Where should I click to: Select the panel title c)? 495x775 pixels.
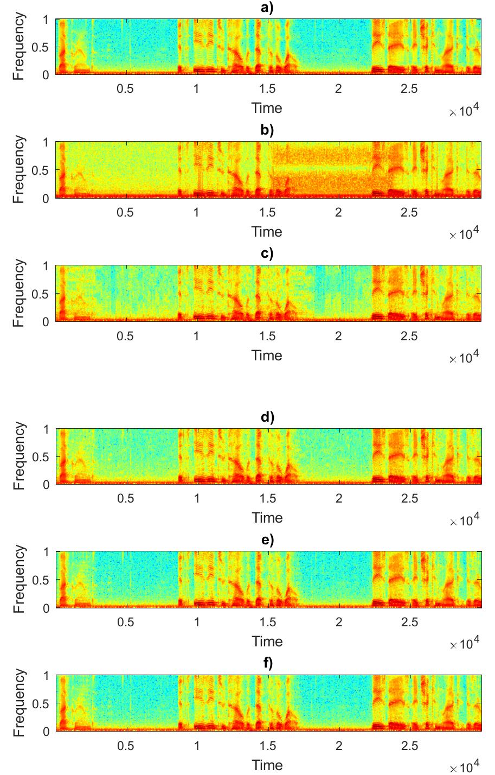coord(267,254)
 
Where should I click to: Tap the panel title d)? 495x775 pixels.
coord(267,417)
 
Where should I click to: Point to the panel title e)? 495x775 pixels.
coord(267,540)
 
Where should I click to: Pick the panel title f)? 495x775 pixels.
coord(267,664)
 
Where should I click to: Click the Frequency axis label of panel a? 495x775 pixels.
coord(19,47)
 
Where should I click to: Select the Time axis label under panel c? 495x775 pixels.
coord(267,355)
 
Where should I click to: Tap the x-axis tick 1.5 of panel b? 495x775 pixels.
coord(267,213)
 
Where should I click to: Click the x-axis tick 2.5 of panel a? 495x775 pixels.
coord(409,89)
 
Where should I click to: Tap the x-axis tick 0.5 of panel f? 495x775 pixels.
coord(125,746)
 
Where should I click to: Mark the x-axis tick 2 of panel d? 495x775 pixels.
coord(338,499)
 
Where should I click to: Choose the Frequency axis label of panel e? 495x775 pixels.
coord(19,580)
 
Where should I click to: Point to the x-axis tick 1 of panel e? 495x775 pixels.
coord(196,622)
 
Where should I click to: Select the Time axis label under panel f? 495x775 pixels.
coord(267,765)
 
